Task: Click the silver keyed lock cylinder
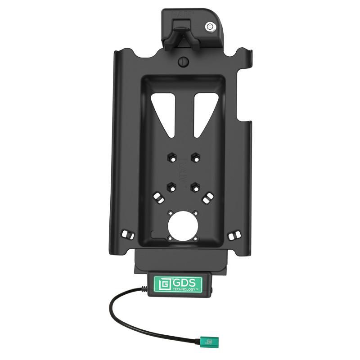click(209, 27)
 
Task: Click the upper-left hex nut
click(171, 157)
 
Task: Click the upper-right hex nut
click(194, 157)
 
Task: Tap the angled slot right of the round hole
click(207, 198)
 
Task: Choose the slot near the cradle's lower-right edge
click(234, 236)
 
